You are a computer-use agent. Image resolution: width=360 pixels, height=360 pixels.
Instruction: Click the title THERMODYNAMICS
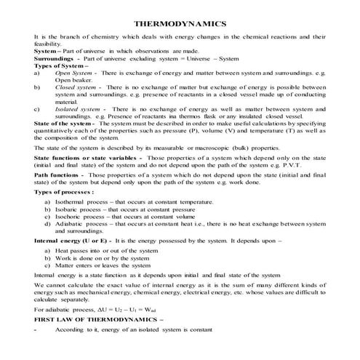coord(180,23)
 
